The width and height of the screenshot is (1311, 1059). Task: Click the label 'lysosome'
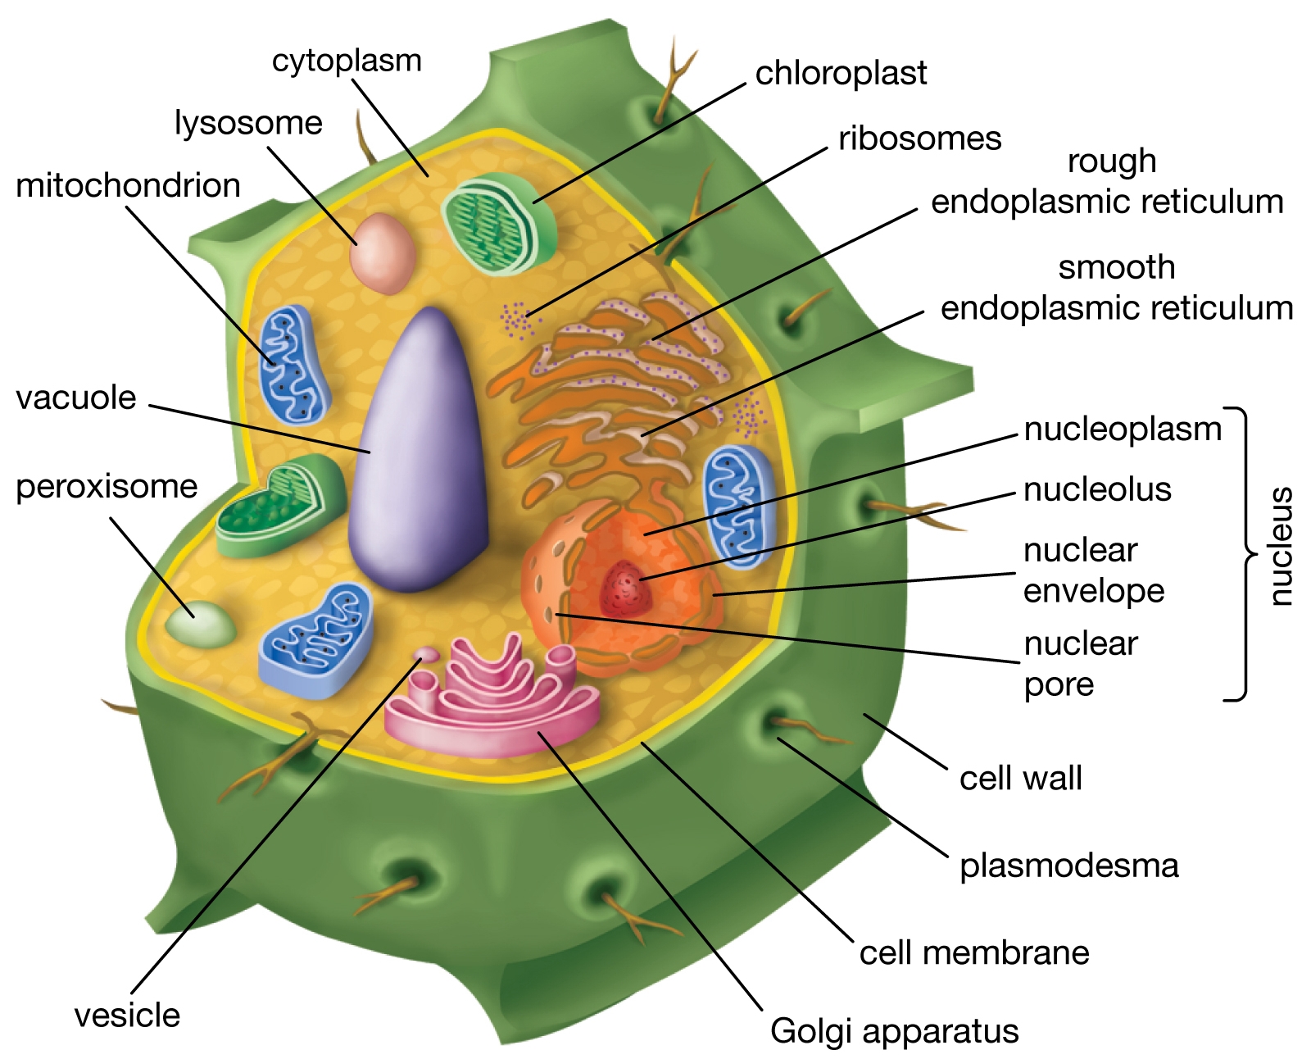pyautogui.click(x=248, y=124)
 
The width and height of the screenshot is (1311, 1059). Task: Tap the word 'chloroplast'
pyautogui.click(x=841, y=74)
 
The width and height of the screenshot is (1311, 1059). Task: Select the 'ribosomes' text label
pyautogui.click(x=919, y=139)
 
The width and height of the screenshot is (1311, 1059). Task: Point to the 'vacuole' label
pyautogui.click(x=76, y=398)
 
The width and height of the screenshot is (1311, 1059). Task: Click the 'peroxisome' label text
pyautogui.click(x=107, y=487)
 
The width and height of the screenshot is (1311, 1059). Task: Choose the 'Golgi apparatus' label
pyautogui.click(x=894, y=1031)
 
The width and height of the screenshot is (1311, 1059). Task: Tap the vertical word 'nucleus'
pyautogui.click(x=1280, y=547)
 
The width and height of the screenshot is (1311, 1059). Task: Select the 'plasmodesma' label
pyautogui.click(x=1068, y=866)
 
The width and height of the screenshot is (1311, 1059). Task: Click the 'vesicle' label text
pyautogui.click(x=127, y=1016)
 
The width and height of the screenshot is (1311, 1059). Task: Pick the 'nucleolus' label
pyautogui.click(x=1097, y=490)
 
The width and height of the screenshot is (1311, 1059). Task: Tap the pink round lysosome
pyautogui.click(x=382, y=253)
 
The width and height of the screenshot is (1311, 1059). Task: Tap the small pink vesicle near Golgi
pyautogui.click(x=427, y=653)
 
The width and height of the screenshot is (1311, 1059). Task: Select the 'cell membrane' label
pyautogui.click(x=974, y=953)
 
